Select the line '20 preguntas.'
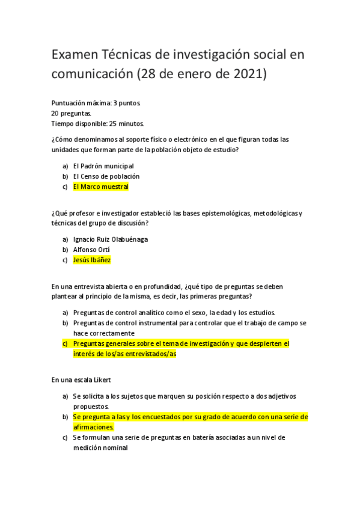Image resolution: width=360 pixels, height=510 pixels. click(x=71, y=113)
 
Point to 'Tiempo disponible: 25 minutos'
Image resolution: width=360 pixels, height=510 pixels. click(x=97, y=124)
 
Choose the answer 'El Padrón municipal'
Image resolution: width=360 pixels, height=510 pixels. click(x=103, y=165)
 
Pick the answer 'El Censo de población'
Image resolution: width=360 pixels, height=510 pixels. click(x=106, y=176)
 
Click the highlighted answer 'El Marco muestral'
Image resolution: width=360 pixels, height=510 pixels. click(x=101, y=187)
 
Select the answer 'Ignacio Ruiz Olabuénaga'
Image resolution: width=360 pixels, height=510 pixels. click(x=111, y=239)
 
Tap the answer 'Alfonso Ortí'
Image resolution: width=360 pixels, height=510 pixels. click(x=91, y=250)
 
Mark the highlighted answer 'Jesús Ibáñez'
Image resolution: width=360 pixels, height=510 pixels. click(x=92, y=260)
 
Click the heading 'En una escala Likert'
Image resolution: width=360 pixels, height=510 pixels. click(x=81, y=379)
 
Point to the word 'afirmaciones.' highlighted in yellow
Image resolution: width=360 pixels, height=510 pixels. click(x=93, y=427)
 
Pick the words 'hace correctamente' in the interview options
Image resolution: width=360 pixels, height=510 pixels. click(x=103, y=333)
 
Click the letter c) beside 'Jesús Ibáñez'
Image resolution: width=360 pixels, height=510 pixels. click(x=65, y=260)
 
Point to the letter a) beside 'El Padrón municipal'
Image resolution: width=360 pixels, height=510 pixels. click(x=65, y=165)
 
